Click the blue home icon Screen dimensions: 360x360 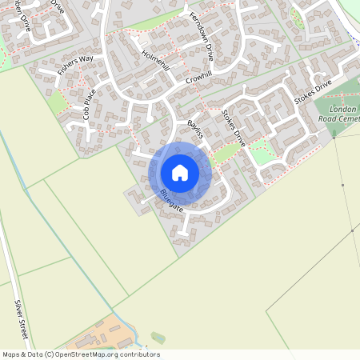click(x=180, y=173)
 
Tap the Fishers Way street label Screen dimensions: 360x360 click(x=75, y=65)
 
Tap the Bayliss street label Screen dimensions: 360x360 click(x=195, y=130)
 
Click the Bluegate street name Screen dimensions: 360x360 click(x=171, y=200)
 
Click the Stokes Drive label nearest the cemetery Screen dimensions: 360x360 click(x=312, y=93)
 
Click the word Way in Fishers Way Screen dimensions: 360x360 click(x=86, y=59)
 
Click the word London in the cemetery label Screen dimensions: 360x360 click(x=343, y=108)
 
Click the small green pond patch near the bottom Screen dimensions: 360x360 click(x=158, y=338)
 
